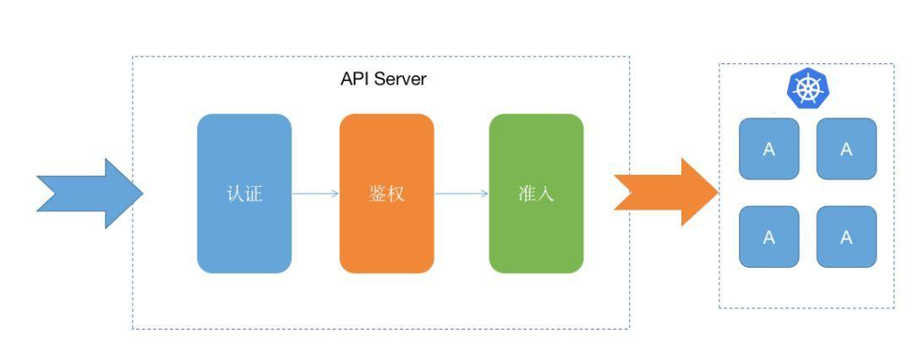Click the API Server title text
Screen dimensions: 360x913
(x=384, y=79)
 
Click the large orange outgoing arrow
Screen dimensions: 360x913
(x=667, y=194)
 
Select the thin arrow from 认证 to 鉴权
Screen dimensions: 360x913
(x=315, y=194)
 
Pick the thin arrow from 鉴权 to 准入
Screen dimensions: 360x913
(x=462, y=194)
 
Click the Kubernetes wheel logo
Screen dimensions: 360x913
(x=807, y=89)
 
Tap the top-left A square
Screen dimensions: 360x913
(x=768, y=149)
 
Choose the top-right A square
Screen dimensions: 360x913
(x=846, y=149)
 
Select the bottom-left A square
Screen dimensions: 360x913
(x=768, y=237)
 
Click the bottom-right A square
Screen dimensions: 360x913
(x=846, y=237)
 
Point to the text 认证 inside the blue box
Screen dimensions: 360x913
(x=243, y=194)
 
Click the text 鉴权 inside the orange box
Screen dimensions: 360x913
(x=386, y=194)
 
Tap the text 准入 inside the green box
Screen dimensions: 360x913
(x=536, y=194)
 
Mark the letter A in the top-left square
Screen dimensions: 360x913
(x=768, y=150)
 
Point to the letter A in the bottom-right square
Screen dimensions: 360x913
(x=846, y=237)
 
